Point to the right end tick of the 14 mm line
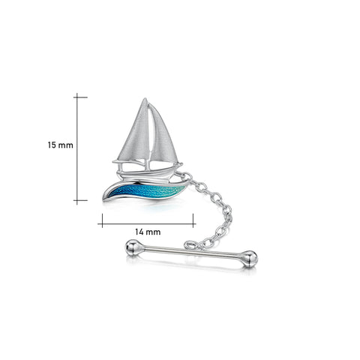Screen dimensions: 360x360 [x=194, y=220]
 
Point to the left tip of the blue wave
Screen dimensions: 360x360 [x=107, y=197]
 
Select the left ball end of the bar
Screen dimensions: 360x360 [x=133, y=247]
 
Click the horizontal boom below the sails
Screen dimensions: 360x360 [x=147, y=163]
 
